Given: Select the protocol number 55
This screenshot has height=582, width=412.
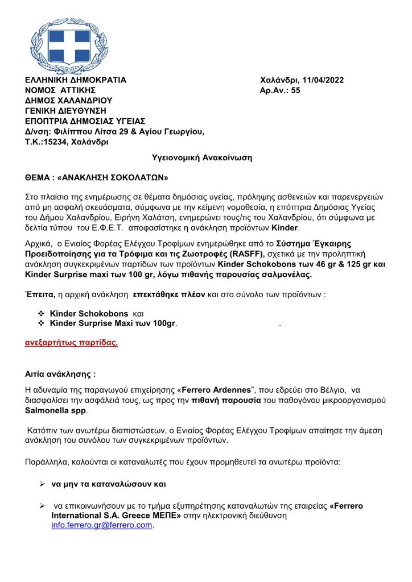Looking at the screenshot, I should (x=295, y=90).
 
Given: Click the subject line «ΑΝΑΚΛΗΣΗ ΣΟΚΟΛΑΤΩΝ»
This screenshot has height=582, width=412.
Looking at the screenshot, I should (x=114, y=177).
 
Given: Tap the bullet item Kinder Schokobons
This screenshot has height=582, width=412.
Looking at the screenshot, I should (x=90, y=313).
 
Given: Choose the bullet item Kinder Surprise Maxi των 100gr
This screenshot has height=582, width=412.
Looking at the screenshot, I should (x=113, y=323).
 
